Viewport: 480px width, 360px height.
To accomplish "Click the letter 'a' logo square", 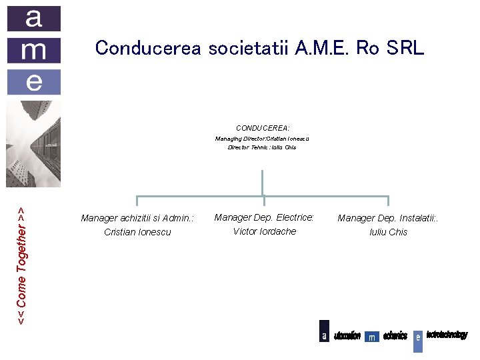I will click(34, 19).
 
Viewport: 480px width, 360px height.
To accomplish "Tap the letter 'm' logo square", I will click(34, 50).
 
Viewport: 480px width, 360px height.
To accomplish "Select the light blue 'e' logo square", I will click(34, 81).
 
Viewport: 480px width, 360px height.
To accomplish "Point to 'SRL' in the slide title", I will click(403, 48).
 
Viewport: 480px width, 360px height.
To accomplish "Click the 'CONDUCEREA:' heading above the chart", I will click(263, 127).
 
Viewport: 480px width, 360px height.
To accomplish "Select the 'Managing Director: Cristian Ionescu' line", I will click(262, 139).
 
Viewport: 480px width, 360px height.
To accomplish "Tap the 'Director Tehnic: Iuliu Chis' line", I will click(262, 147).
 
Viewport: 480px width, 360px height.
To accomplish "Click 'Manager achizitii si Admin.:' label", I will click(137, 218).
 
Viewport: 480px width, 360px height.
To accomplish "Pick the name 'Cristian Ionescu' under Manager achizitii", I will click(137, 232).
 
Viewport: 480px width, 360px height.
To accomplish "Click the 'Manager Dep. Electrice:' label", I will click(264, 217).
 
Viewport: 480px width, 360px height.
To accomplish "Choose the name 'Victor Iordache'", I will click(265, 231).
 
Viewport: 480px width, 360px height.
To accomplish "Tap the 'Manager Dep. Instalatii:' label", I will click(388, 218).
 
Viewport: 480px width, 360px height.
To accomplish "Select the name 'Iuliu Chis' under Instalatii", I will click(388, 232).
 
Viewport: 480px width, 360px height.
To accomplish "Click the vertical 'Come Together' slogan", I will click(21, 265).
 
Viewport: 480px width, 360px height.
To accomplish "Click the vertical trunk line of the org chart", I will click(263, 183).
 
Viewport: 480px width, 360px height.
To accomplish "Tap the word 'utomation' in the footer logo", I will click(347, 335).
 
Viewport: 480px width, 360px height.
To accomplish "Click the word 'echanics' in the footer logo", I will click(395, 335).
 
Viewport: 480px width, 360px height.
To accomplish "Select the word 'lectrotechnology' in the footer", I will click(447, 335).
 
